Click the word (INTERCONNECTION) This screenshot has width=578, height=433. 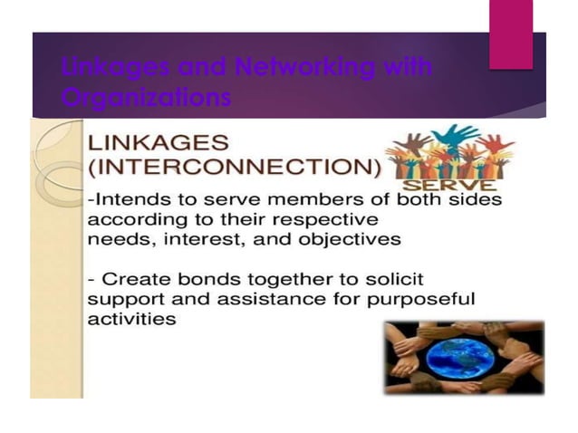pos(233,169)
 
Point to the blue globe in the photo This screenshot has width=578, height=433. pos(463,357)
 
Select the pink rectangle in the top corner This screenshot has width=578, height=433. pos(511,34)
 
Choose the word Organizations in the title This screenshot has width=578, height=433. pos(145,96)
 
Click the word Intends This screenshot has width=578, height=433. pos(128,201)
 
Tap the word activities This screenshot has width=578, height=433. pos(131,320)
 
